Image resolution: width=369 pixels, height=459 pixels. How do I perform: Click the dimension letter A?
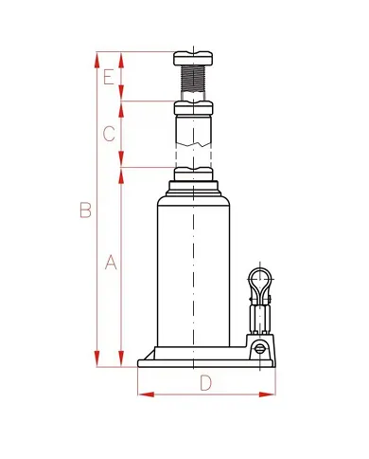(111, 262)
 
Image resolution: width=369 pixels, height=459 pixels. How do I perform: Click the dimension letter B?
(85, 210)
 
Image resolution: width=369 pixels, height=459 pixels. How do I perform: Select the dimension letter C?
(109, 134)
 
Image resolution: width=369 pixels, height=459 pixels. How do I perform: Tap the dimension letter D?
(205, 382)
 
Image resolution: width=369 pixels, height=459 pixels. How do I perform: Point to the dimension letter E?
(109, 78)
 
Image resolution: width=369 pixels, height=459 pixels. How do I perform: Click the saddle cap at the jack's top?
(193, 58)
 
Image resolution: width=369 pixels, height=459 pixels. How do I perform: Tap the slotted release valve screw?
(259, 349)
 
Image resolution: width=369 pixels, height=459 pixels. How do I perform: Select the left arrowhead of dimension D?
(146, 395)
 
